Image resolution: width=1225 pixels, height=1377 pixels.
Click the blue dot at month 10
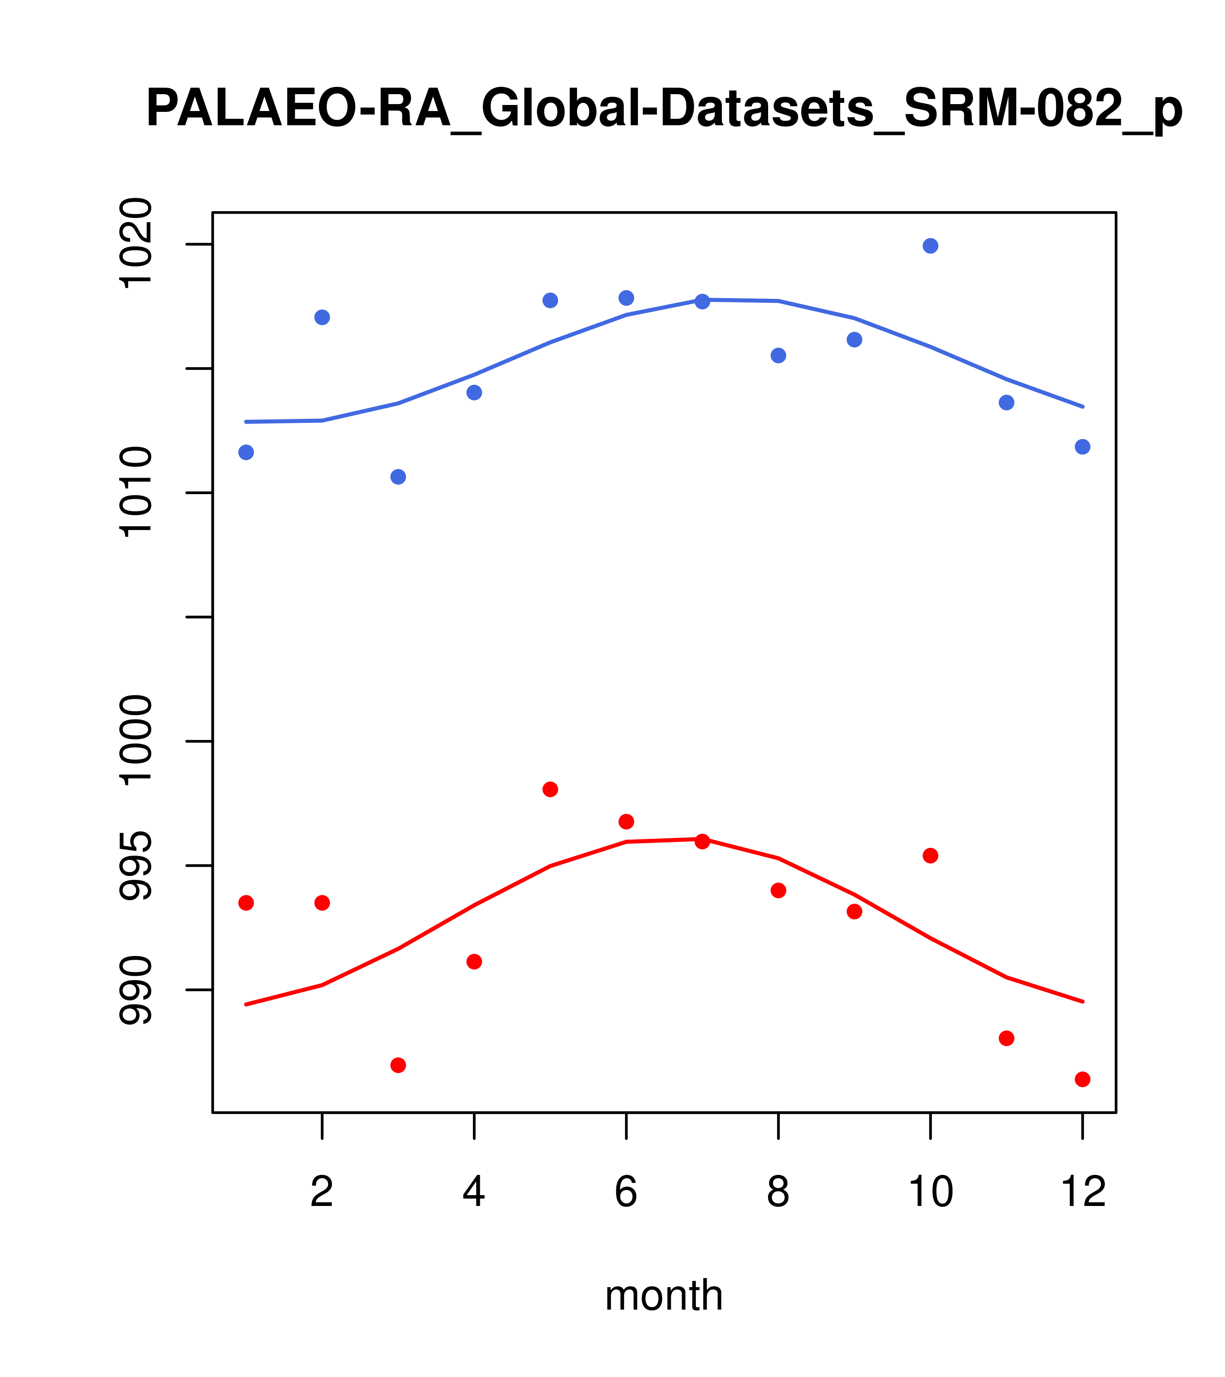click(x=930, y=246)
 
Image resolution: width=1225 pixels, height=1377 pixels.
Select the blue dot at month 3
click(x=399, y=477)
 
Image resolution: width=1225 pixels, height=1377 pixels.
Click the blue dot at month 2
click(x=322, y=317)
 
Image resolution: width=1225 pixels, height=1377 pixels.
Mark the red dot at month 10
click(x=930, y=856)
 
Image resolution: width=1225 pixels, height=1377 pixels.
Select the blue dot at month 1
click(x=246, y=452)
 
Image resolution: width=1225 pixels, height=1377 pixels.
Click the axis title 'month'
click(x=664, y=1295)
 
